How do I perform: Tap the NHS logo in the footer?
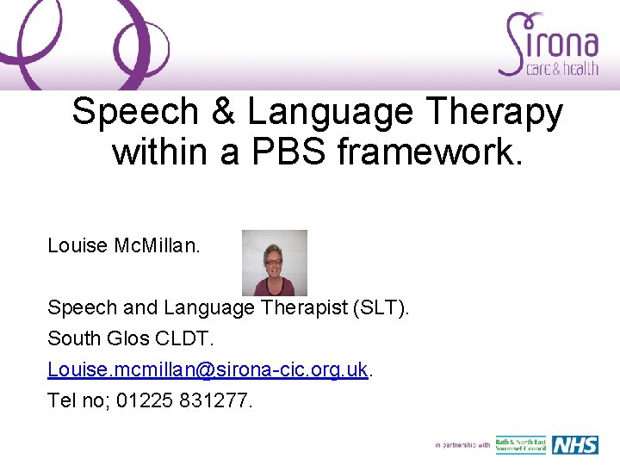[x=574, y=444]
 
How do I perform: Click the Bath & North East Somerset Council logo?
[x=520, y=444]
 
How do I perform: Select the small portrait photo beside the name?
[x=274, y=263]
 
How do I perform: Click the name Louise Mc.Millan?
[x=124, y=246]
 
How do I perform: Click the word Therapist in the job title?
[x=287, y=307]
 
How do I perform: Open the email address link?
[x=208, y=369]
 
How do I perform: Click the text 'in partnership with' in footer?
[x=462, y=445]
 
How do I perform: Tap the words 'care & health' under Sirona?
[x=561, y=69]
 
